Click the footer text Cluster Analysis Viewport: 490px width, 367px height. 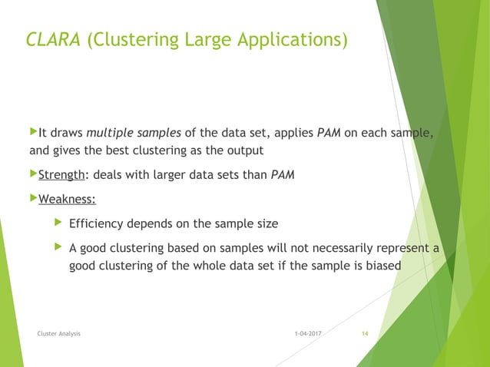coord(59,334)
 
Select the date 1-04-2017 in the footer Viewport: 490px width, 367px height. coord(307,334)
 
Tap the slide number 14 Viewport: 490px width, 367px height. coord(365,334)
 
